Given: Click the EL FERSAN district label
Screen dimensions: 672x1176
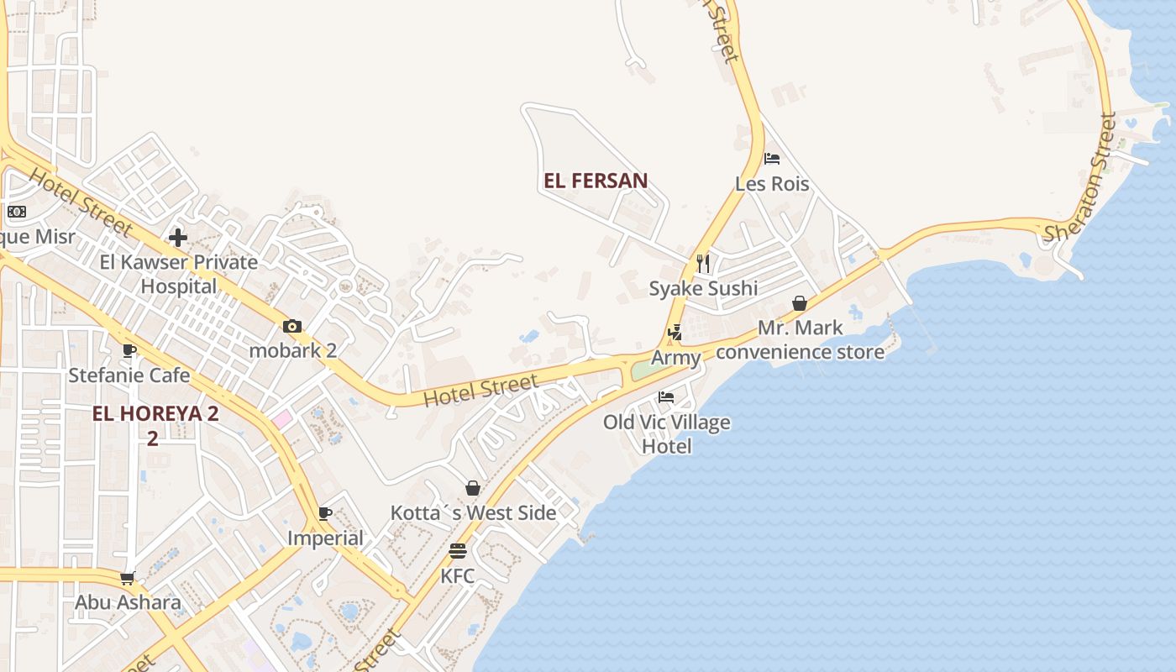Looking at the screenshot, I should click(x=596, y=181).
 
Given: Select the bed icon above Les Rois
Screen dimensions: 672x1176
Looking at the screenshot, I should click(x=772, y=159).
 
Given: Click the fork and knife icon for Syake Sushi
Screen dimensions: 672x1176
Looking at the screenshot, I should click(x=703, y=264).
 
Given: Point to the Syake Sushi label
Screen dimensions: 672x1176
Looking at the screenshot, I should click(x=703, y=288).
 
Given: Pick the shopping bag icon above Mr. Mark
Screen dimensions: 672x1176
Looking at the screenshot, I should click(x=800, y=303).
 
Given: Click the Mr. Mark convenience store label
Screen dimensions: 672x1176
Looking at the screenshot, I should click(x=800, y=339).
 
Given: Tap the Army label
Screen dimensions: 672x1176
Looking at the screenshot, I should click(x=676, y=358).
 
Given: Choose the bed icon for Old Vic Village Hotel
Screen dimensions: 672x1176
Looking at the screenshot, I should click(x=666, y=397).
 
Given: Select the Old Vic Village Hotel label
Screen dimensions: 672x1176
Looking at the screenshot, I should click(x=667, y=434).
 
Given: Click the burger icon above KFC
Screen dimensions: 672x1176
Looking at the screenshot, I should click(x=458, y=552).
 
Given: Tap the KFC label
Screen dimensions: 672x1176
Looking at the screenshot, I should click(x=458, y=576).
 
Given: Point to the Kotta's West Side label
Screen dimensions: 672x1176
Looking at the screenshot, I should click(x=473, y=512).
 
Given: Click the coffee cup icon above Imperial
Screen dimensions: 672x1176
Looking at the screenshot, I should click(x=325, y=513).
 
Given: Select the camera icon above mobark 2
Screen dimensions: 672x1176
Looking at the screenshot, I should click(x=292, y=326).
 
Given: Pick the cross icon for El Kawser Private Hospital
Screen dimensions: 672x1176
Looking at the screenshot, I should click(x=178, y=238).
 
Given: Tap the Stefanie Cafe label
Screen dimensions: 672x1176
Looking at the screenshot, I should click(x=129, y=375).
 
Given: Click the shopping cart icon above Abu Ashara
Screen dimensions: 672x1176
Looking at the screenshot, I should click(x=128, y=578).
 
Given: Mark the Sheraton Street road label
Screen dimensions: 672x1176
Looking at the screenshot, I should click(x=1081, y=178).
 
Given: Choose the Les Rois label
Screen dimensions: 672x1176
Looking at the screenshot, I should click(x=772, y=183).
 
